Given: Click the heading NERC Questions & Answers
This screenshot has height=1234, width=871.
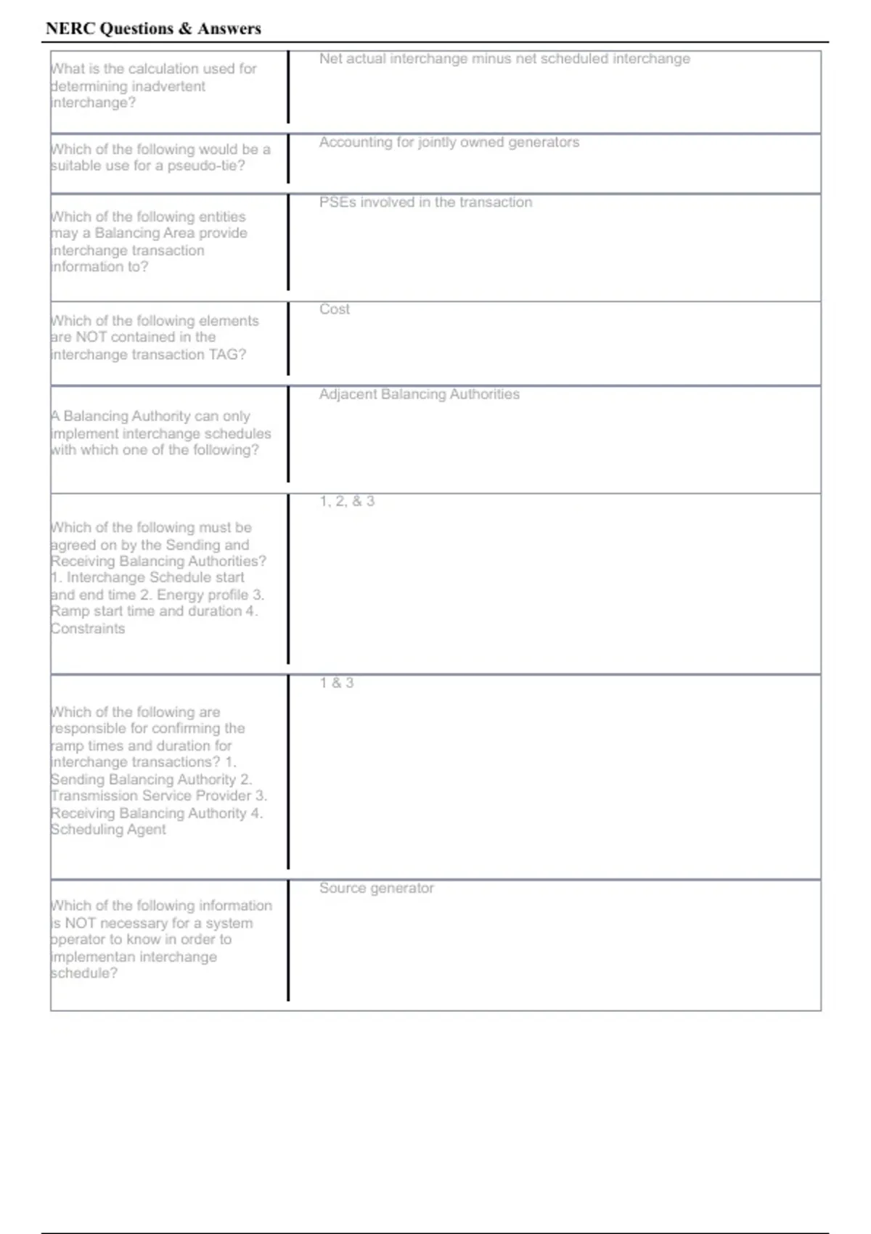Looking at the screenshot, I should (x=153, y=28).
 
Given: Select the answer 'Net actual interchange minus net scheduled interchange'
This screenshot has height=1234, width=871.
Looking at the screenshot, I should (x=504, y=59).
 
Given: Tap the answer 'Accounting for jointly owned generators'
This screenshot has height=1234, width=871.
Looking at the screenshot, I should (x=449, y=142).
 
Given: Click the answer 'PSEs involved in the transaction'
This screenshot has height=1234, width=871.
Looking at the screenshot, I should (x=425, y=203).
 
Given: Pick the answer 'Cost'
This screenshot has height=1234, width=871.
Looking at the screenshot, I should (x=335, y=309).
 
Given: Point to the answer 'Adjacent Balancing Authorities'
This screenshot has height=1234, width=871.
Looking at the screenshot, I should (x=420, y=394).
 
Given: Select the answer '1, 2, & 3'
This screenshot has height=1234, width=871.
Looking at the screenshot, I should (x=347, y=501).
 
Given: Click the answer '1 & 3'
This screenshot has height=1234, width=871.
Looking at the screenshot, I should (x=337, y=683).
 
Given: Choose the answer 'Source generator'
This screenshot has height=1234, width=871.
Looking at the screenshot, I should (x=377, y=888).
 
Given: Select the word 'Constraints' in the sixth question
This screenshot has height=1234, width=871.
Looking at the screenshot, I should (x=88, y=629).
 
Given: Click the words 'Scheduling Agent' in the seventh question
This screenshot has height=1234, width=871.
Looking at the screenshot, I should (x=108, y=830).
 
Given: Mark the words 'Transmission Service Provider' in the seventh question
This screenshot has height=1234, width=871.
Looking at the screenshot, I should (x=151, y=796).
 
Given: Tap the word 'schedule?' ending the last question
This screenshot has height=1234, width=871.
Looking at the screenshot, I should (x=84, y=973).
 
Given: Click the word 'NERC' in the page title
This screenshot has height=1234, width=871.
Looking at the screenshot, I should (x=69, y=28).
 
